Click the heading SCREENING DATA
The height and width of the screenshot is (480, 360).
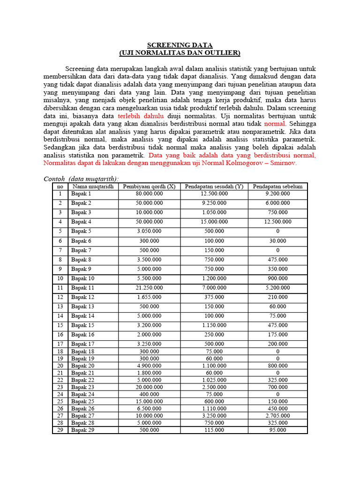click(x=180, y=45)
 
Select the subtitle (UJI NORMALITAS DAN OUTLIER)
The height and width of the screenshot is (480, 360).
click(x=180, y=53)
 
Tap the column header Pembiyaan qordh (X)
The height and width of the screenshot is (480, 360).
click(x=149, y=186)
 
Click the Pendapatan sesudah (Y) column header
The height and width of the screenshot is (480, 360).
click(x=214, y=186)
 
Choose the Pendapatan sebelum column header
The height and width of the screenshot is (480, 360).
click(x=277, y=186)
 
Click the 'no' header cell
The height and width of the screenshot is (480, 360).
click(x=60, y=186)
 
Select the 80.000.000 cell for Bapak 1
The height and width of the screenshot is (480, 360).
click(x=150, y=194)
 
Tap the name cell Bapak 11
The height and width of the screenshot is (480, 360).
click(x=82, y=288)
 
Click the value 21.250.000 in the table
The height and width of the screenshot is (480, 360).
click(x=150, y=288)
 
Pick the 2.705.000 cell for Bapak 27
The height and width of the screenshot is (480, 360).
click(x=277, y=416)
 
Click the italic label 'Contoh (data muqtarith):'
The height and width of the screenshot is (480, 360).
click(x=81, y=179)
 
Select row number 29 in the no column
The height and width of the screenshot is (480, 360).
click(x=60, y=430)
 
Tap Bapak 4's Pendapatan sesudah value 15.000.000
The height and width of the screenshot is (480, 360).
click(x=214, y=222)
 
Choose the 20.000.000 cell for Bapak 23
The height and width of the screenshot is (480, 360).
click(x=150, y=387)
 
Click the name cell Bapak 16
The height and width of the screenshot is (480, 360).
click(x=82, y=335)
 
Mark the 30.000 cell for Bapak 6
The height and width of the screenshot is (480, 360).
click(x=277, y=241)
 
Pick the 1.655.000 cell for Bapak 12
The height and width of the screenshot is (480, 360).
click(x=150, y=297)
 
